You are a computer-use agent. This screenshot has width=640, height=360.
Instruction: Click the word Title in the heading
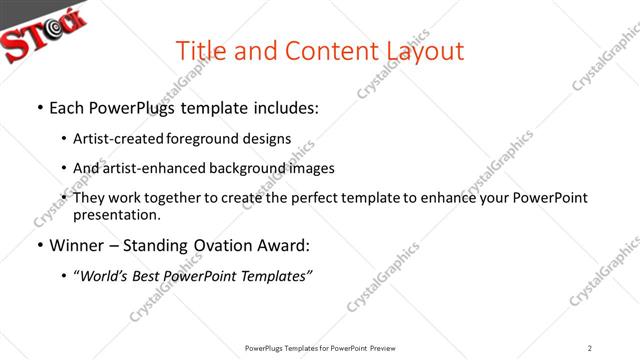[x=202, y=50]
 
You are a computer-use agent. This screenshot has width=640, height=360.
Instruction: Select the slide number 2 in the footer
[x=590, y=348]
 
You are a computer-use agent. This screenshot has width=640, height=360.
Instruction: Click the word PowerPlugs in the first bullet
[x=132, y=108]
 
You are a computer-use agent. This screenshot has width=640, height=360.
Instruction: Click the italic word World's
[x=104, y=275]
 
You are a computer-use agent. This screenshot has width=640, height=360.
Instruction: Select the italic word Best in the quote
[x=152, y=275]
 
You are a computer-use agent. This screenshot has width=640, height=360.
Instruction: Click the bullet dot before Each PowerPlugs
[x=39, y=108]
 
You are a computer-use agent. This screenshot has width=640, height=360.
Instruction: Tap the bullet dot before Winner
[x=39, y=245]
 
